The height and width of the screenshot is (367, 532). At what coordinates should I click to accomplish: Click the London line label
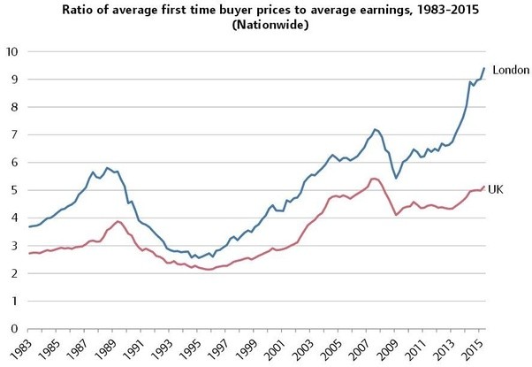click(x=510, y=70)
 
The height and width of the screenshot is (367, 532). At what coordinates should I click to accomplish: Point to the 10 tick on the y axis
click(x=11, y=51)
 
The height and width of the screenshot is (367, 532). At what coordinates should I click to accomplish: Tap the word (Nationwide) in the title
click(x=266, y=27)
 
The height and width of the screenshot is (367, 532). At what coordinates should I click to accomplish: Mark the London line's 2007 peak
click(x=375, y=129)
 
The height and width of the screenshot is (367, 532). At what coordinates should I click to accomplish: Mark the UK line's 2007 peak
click(x=374, y=179)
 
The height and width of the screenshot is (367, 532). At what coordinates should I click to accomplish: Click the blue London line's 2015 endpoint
click(x=484, y=68)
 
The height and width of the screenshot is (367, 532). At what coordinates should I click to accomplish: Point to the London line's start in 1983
click(x=29, y=227)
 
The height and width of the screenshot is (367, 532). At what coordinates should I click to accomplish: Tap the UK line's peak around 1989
click(x=118, y=221)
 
